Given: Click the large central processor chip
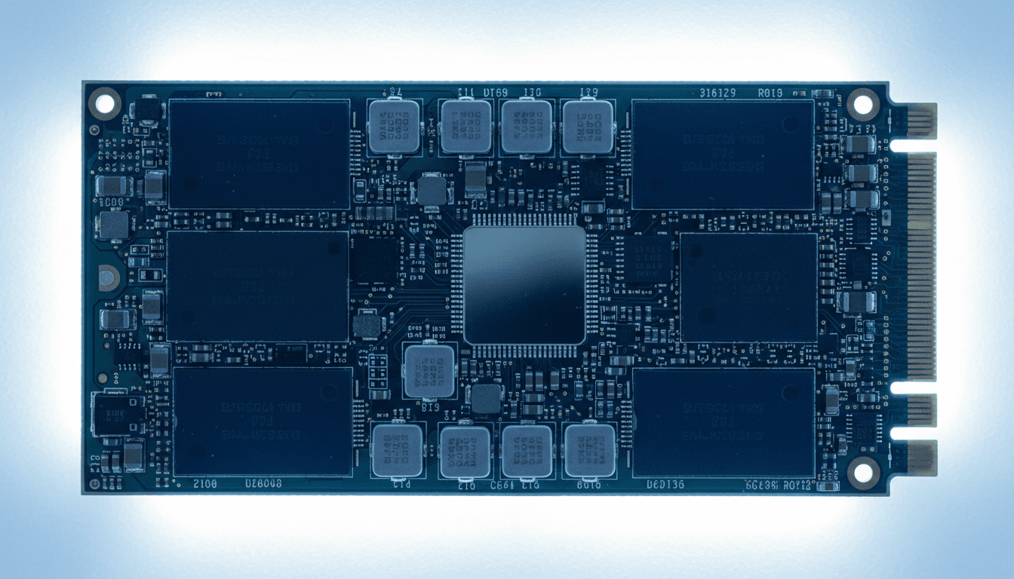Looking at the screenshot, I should (524, 285).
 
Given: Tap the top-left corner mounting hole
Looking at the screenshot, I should (105, 103).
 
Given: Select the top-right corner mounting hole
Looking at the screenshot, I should (862, 103).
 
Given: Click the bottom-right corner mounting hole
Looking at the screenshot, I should (862, 473).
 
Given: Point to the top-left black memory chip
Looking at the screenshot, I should (259, 155).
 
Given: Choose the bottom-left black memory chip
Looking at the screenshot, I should (263, 422).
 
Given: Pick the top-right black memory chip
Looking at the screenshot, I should (723, 155).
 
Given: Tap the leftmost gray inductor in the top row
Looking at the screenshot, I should (394, 126).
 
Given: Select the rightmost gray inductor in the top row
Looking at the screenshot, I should (588, 126).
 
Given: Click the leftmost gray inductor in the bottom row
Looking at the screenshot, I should (397, 451).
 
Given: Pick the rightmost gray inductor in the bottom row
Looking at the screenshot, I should (590, 451).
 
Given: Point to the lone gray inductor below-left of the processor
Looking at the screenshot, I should (430, 370).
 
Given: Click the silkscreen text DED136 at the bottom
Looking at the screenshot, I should (665, 485).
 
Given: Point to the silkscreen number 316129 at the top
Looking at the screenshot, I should (716, 93).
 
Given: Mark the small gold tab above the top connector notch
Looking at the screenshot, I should (921, 121).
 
